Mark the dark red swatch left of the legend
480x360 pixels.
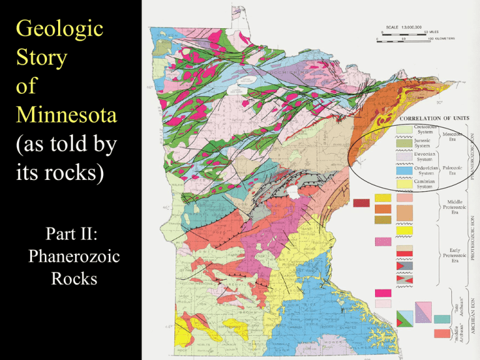362,203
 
